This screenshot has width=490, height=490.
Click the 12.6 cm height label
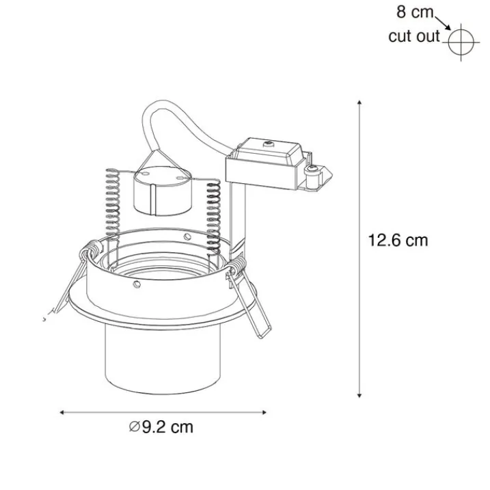[x=398, y=241]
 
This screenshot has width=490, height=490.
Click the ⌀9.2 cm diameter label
[x=161, y=428]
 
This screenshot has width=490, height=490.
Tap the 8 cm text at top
[x=416, y=12]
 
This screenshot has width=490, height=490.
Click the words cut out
[x=414, y=36]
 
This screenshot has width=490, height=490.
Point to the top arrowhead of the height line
[x=359, y=103]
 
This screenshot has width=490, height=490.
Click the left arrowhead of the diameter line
[x=62, y=413]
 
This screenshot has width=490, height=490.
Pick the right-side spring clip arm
[x=247, y=301]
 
